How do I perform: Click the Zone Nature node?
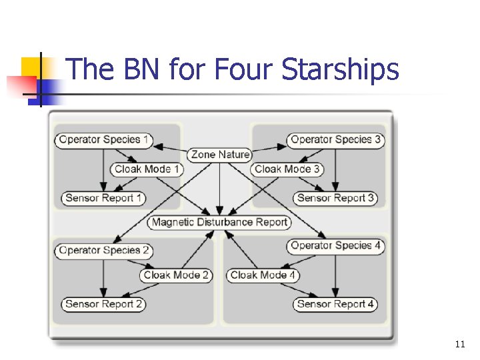point(220,155)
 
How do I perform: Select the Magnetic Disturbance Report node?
point(219,222)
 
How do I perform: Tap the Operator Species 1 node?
point(104,140)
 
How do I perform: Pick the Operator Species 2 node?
point(104,251)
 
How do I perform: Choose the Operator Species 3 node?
point(335,140)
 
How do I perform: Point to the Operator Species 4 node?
point(335,246)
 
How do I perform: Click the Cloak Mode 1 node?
point(146,169)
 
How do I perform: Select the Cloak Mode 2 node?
point(176,275)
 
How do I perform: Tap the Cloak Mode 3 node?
point(287,169)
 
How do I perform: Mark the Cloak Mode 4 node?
point(263,275)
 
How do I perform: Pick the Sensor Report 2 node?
point(103,304)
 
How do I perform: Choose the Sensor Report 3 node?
point(335,198)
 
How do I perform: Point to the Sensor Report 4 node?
point(335,304)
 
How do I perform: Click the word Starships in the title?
point(341,70)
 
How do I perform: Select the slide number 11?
point(459,344)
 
